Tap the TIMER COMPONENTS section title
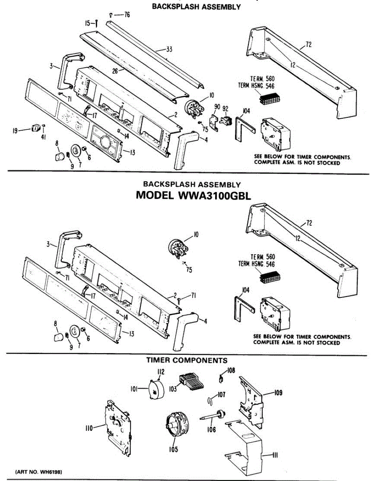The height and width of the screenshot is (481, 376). (187, 360)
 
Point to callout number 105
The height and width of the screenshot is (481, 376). (173, 449)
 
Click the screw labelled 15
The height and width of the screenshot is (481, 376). (97, 24)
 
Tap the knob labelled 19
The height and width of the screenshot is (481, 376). (35, 128)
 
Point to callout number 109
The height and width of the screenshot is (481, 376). (278, 393)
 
